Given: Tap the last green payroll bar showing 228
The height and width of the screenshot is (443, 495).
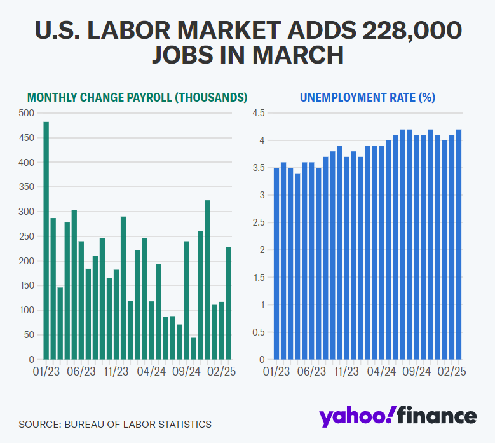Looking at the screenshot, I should click(x=228, y=303).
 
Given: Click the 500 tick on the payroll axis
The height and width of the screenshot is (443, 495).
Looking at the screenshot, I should click(x=27, y=113).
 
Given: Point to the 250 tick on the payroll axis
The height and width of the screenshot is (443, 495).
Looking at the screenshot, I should click(x=27, y=236).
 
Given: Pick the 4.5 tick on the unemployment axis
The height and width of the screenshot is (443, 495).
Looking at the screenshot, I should click(x=259, y=113).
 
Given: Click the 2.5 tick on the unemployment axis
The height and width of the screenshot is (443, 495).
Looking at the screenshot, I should click(x=259, y=222).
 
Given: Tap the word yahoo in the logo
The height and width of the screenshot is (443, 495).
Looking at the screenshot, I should click(x=353, y=416).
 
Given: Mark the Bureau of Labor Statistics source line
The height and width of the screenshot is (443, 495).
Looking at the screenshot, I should click(x=115, y=424).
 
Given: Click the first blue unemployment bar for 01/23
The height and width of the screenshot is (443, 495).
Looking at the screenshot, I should click(x=276, y=264).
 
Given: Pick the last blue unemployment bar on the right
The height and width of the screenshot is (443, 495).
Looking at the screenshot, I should click(x=459, y=245).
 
